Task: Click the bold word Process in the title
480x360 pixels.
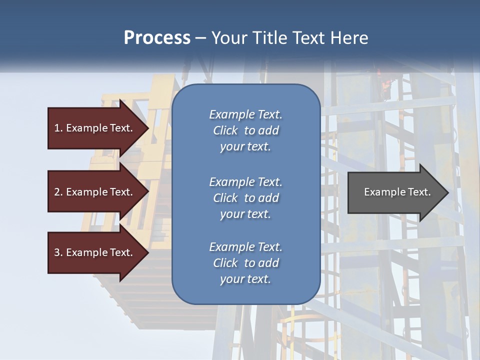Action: [157, 38]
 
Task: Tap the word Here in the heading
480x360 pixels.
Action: [350, 38]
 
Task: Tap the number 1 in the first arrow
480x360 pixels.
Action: [56, 128]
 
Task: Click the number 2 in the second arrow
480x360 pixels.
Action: [56, 192]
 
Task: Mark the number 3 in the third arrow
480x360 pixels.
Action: [56, 252]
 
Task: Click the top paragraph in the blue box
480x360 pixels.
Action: [245, 130]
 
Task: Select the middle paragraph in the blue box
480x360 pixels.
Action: [245, 198]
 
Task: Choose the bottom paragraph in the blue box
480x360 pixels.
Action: [245, 263]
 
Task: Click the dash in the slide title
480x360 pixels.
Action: [200, 38]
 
